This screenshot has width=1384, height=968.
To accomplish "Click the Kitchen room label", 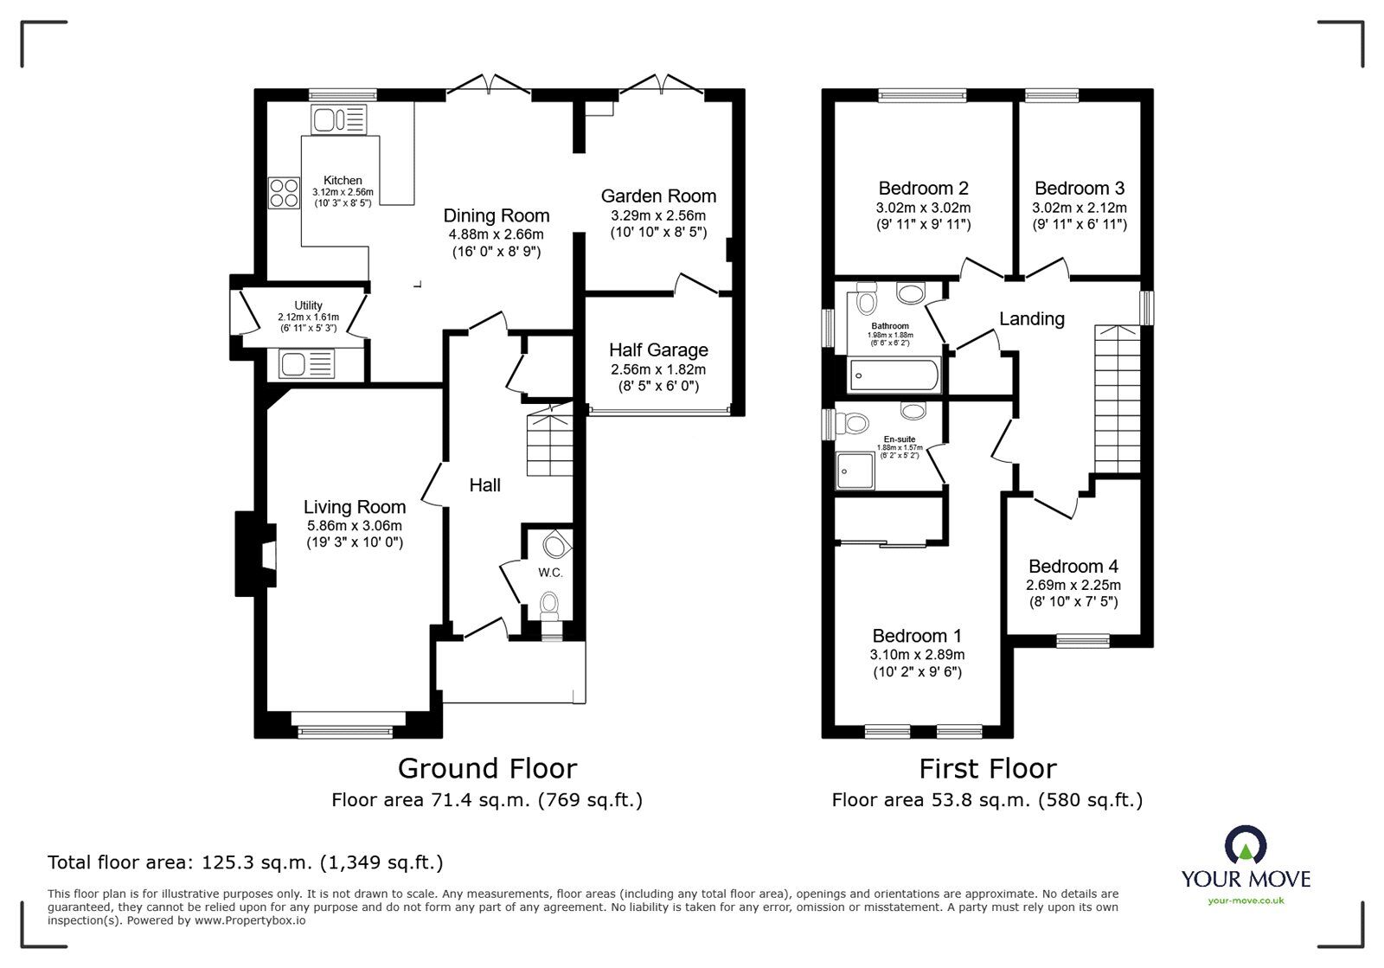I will coord(343,180).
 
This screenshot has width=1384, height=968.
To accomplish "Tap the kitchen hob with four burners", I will coord(282,192).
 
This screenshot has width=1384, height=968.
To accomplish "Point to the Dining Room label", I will coord(496,215).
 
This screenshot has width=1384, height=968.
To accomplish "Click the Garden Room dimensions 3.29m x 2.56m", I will coord(658,215).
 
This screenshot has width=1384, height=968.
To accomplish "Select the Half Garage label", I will coord(658,349).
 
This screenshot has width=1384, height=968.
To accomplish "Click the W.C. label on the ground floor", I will coord(550,573).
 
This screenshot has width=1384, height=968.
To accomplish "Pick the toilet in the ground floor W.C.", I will coord(548,603).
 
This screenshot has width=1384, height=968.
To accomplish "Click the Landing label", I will coord(1031,318).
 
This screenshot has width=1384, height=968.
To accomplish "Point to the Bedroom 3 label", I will coord(1079,188).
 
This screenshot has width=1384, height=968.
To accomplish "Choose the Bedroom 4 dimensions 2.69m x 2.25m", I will coord(1073,585).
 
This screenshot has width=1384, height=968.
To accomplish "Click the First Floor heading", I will coord(987,768).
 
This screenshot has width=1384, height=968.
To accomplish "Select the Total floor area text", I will coord(245,862).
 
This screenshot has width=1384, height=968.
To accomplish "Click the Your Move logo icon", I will coord(1246,845).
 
